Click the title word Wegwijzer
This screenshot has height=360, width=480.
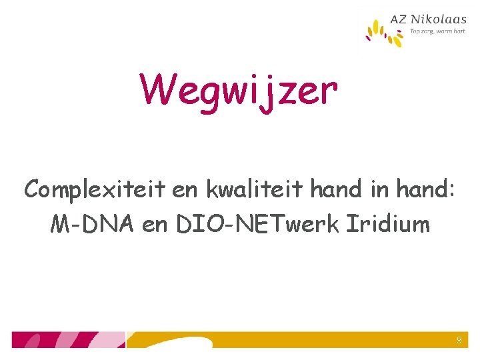(238, 91)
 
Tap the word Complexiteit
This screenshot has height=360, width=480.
(94, 189)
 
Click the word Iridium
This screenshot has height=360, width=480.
(387, 225)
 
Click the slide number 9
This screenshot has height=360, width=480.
(459, 341)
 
